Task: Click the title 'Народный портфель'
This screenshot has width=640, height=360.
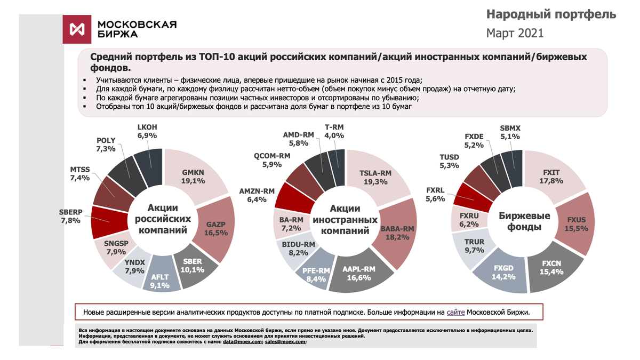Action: coord(553,14)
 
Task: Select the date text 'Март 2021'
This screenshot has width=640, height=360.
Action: coord(515,33)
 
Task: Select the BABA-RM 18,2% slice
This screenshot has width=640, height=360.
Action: coord(397,233)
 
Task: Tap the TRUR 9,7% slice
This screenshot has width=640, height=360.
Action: coord(474,246)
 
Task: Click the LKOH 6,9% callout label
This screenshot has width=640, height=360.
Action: coord(147,132)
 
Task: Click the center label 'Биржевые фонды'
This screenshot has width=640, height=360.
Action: coord(521,221)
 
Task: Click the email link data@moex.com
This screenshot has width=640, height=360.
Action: coord(243,342)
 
